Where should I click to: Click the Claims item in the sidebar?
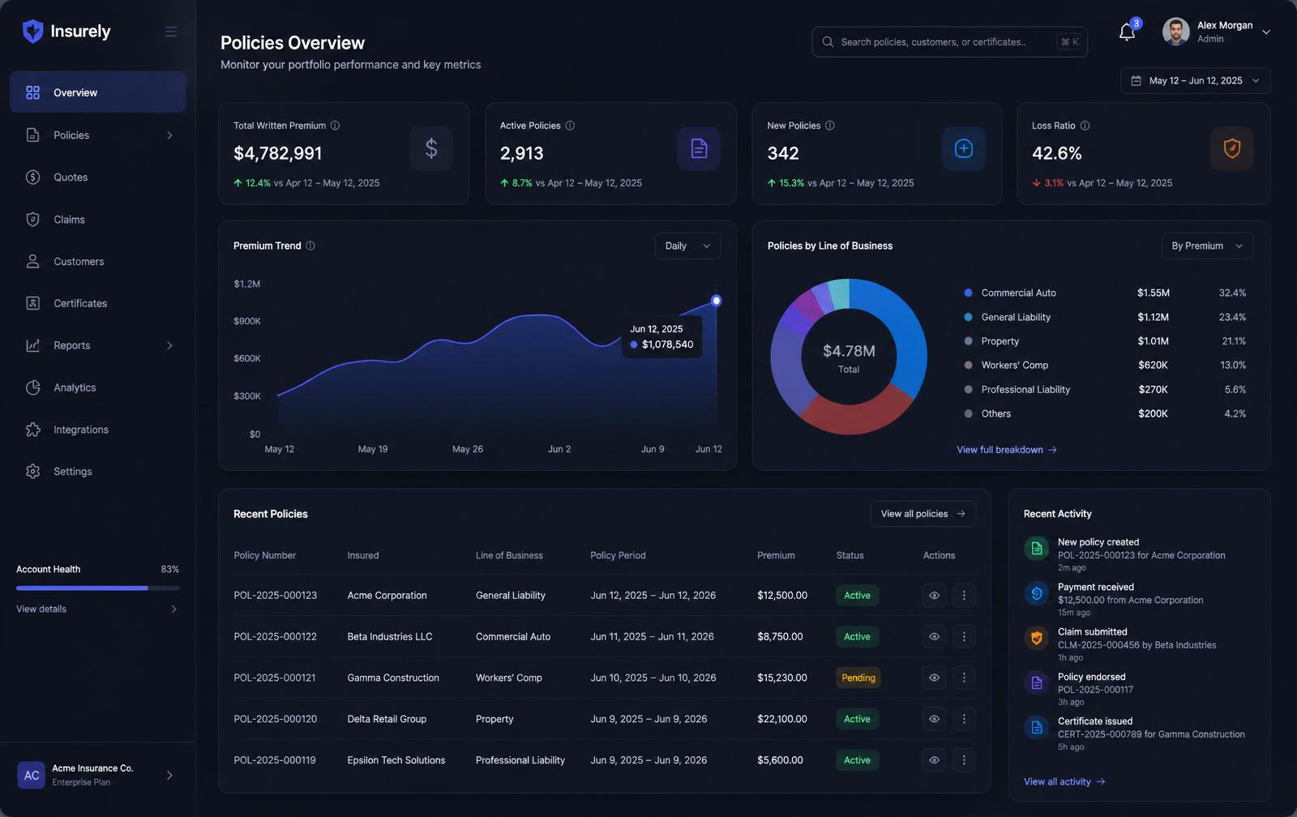(69, 220)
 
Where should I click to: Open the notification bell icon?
(1126, 32)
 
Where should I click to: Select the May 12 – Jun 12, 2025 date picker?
(1195, 80)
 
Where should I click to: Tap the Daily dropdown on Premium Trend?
(687, 246)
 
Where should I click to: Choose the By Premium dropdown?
(1207, 246)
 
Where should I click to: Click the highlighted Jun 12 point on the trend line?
(717, 301)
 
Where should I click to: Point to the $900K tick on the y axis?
(247, 321)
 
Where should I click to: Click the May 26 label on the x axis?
(467, 449)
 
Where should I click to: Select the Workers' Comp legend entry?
(1014, 365)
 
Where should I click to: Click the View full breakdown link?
(1006, 449)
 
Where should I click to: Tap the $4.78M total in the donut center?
(849, 351)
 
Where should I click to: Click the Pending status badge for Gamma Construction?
(858, 678)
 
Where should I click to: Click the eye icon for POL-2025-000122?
(934, 636)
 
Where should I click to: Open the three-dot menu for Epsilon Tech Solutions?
(964, 759)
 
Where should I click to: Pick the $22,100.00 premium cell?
(781, 719)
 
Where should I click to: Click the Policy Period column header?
(618, 555)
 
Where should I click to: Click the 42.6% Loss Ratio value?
(1057, 153)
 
